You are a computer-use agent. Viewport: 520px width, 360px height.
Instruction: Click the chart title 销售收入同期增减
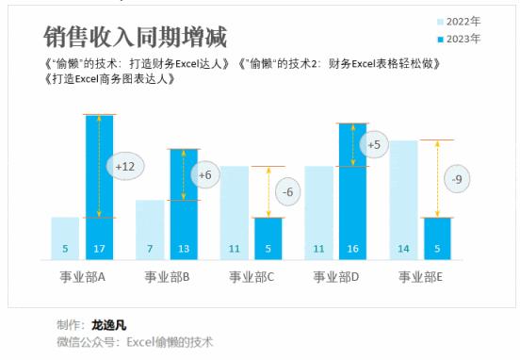[x=137, y=37]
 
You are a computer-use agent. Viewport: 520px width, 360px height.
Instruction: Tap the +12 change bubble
[x=124, y=166]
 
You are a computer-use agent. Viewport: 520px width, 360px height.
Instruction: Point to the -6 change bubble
[x=288, y=192]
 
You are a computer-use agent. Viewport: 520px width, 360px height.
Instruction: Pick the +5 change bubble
[x=374, y=145]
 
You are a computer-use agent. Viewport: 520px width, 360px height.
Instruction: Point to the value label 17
[x=99, y=250]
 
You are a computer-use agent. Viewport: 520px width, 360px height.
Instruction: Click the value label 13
[x=184, y=250]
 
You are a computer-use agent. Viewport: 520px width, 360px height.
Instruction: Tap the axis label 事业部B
[x=168, y=277]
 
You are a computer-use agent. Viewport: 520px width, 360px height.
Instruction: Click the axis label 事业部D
[x=336, y=277]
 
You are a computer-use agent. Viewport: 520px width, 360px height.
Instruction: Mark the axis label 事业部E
[x=421, y=277]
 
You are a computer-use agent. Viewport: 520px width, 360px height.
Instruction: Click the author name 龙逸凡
[x=108, y=324]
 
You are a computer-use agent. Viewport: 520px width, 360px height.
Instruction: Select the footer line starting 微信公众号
[x=135, y=341]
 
